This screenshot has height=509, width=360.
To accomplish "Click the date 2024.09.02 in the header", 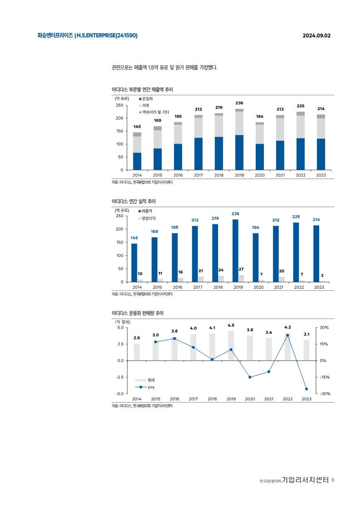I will [x=316, y=35].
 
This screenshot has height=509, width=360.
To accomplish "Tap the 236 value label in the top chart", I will [x=239, y=103].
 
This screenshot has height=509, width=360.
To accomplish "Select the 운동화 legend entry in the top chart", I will [x=147, y=98].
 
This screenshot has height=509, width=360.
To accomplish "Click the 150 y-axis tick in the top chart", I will [x=119, y=131].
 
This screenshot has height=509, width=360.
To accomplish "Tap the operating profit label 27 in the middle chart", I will [x=241, y=270].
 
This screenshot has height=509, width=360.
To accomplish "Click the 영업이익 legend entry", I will [x=149, y=218].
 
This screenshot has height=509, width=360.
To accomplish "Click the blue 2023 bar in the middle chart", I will [x=316, y=253].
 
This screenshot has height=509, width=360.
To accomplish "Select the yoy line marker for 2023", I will [x=306, y=389].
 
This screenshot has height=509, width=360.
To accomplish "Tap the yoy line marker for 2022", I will [x=287, y=335].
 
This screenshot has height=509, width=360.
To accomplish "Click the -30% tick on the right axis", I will [x=325, y=394].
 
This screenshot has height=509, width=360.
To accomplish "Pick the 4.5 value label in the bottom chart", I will [x=231, y=325].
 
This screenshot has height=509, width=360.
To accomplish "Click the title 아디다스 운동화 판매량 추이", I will [x=137, y=313].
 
